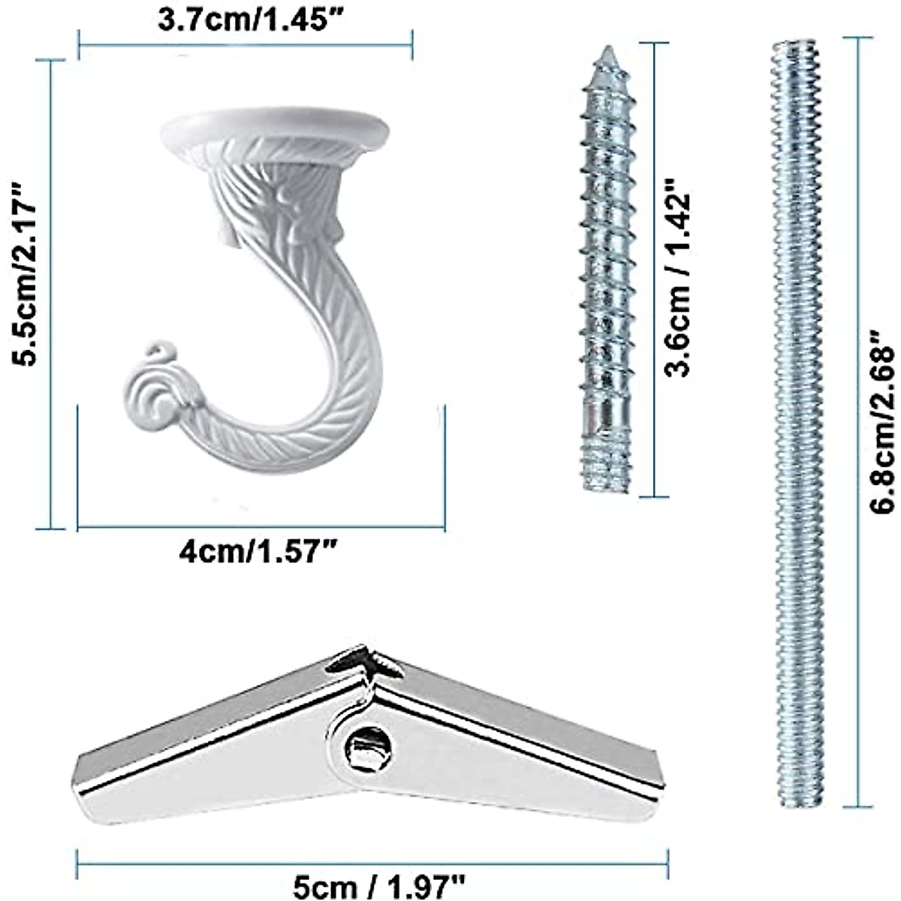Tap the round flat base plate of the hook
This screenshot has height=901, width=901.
(275, 129)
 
